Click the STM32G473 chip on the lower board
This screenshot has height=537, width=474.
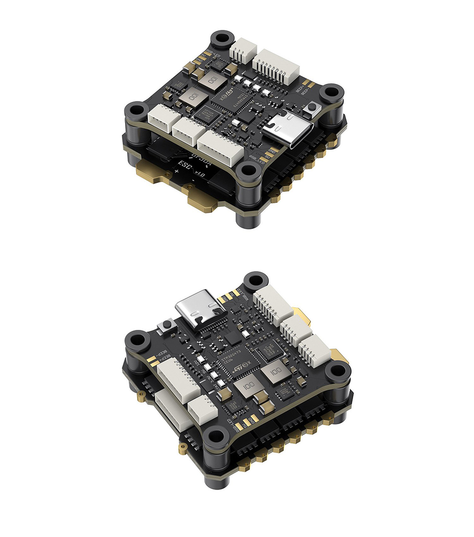(236, 363)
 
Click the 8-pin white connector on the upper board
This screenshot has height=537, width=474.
(276, 66)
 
